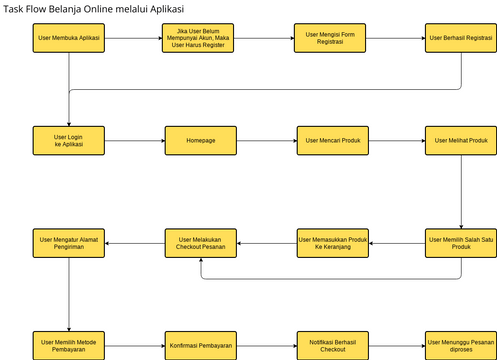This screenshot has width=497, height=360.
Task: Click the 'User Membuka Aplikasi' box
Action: click(x=69, y=38)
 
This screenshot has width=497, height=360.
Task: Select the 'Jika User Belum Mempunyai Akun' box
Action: click(x=199, y=38)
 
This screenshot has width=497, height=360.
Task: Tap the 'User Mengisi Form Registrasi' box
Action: click(x=330, y=38)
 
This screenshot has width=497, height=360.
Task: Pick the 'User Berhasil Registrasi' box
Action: click(x=460, y=38)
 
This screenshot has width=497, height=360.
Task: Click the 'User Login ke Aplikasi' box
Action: click(x=69, y=140)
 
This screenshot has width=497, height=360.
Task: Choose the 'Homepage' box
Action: click(x=200, y=140)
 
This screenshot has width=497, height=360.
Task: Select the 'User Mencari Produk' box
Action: click(x=331, y=140)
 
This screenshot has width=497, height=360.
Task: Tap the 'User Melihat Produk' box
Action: click(x=460, y=140)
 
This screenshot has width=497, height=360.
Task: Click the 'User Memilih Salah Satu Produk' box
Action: click(x=460, y=243)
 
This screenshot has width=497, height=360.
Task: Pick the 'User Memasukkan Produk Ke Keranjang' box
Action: click(x=331, y=243)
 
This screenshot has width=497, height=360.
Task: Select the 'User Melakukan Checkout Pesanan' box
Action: click(x=200, y=243)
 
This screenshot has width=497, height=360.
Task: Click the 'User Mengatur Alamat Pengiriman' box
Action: click(x=69, y=243)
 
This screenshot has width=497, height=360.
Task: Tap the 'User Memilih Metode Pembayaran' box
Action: click(x=69, y=346)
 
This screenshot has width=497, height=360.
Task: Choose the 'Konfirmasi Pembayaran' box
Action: click(x=200, y=346)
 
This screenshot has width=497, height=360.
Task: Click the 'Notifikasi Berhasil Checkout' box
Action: click(x=331, y=346)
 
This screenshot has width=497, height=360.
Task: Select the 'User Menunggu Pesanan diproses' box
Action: click(x=460, y=346)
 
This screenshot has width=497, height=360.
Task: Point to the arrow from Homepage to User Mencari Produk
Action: click(x=265, y=140)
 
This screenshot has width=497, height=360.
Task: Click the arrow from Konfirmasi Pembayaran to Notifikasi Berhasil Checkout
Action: click(x=265, y=346)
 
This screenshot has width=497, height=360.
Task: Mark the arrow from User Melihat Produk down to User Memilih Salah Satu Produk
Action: click(x=460, y=192)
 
